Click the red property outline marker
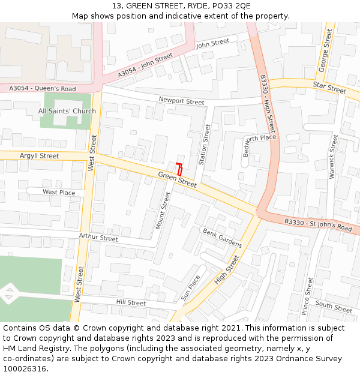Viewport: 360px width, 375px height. click(179, 169)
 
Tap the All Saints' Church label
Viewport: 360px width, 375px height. click(67, 111)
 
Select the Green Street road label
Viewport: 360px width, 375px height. click(178, 179)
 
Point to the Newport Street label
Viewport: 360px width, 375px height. click(181, 101)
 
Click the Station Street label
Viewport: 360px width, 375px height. click(205, 145)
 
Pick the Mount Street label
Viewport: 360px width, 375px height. click(163, 210)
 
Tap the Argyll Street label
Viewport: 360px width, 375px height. click(40, 156)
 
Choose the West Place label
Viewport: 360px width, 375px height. click(59, 192)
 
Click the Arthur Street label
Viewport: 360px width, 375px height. click(98, 238)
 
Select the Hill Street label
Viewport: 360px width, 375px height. click(131, 303)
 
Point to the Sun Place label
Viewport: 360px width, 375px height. click(190, 288)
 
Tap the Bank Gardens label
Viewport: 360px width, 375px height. click(222, 238)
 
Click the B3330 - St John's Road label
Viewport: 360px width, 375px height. click(318, 225)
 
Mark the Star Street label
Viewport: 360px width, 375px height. click(329, 88)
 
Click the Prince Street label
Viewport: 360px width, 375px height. click(308, 296)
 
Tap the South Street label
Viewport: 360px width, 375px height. click(334, 307)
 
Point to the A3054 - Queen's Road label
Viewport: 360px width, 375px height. click(43, 89)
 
